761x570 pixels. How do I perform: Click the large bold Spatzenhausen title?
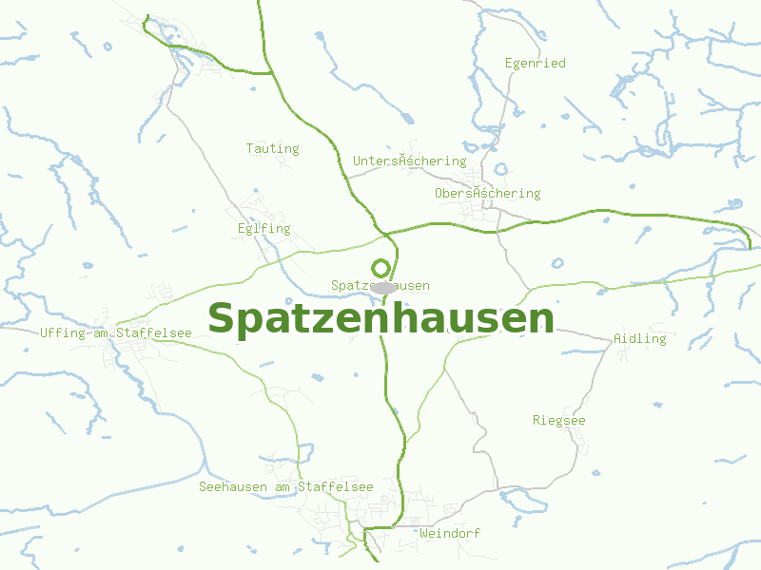(380, 319)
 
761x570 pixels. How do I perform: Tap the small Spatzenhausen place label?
(380, 285)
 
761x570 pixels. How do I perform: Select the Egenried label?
(535, 64)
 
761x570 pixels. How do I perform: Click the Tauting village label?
(272, 148)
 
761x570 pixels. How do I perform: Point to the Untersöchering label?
(409, 161)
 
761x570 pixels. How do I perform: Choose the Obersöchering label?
(487, 193)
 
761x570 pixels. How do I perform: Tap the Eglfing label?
(263, 228)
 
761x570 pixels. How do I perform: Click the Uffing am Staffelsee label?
(116, 332)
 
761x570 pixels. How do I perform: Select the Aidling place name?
(639, 338)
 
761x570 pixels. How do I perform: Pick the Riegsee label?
(558, 420)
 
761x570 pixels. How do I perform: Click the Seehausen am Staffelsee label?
(285, 486)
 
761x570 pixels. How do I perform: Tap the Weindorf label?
(449, 533)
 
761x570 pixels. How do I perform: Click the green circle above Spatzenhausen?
(380, 268)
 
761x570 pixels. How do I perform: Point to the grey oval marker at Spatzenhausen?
(383, 287)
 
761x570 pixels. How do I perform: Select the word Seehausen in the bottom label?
(232, 486)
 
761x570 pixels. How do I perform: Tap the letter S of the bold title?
(222, 319)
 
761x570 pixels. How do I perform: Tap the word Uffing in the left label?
(62, 332)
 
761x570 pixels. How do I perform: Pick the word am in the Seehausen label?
(283, 486)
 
